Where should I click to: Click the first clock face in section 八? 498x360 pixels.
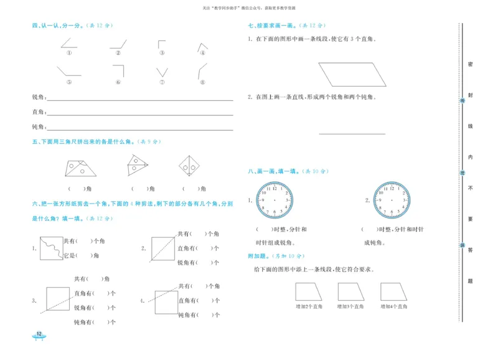click(x=273, y=200)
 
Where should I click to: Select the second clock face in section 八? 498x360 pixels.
click(x=392, y=200)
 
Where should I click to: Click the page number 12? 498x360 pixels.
click(x=39, y=335)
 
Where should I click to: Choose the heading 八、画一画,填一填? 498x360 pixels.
click(x=273, y=171)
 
